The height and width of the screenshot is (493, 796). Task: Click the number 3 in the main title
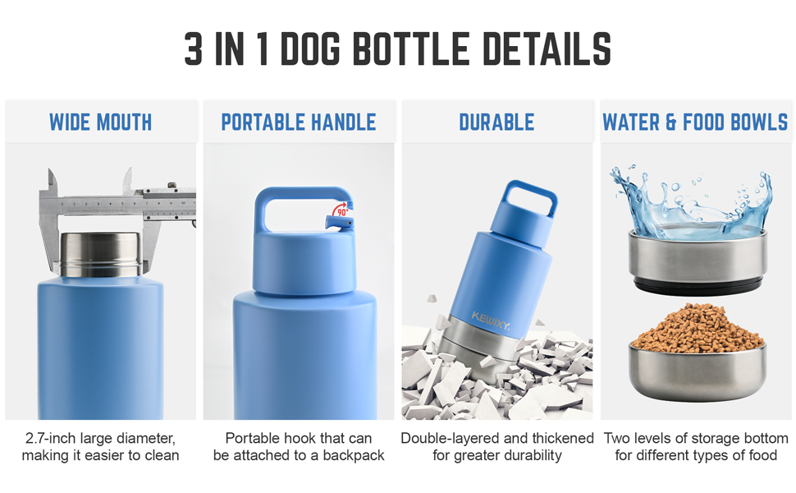[x=194, y=49]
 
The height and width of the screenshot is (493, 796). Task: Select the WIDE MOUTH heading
[x=100, y=122]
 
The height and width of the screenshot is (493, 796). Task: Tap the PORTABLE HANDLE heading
[x=299, y=122]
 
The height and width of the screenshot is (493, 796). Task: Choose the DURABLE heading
[x=496, y=122]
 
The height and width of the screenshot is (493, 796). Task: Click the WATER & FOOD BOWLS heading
[x=695, y=122]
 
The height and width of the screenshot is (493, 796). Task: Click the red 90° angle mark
[x=341, y=210]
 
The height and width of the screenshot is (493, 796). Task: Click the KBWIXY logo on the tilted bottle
[x=490, y=321]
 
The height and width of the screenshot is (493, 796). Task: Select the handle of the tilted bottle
[x=532, y=197]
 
